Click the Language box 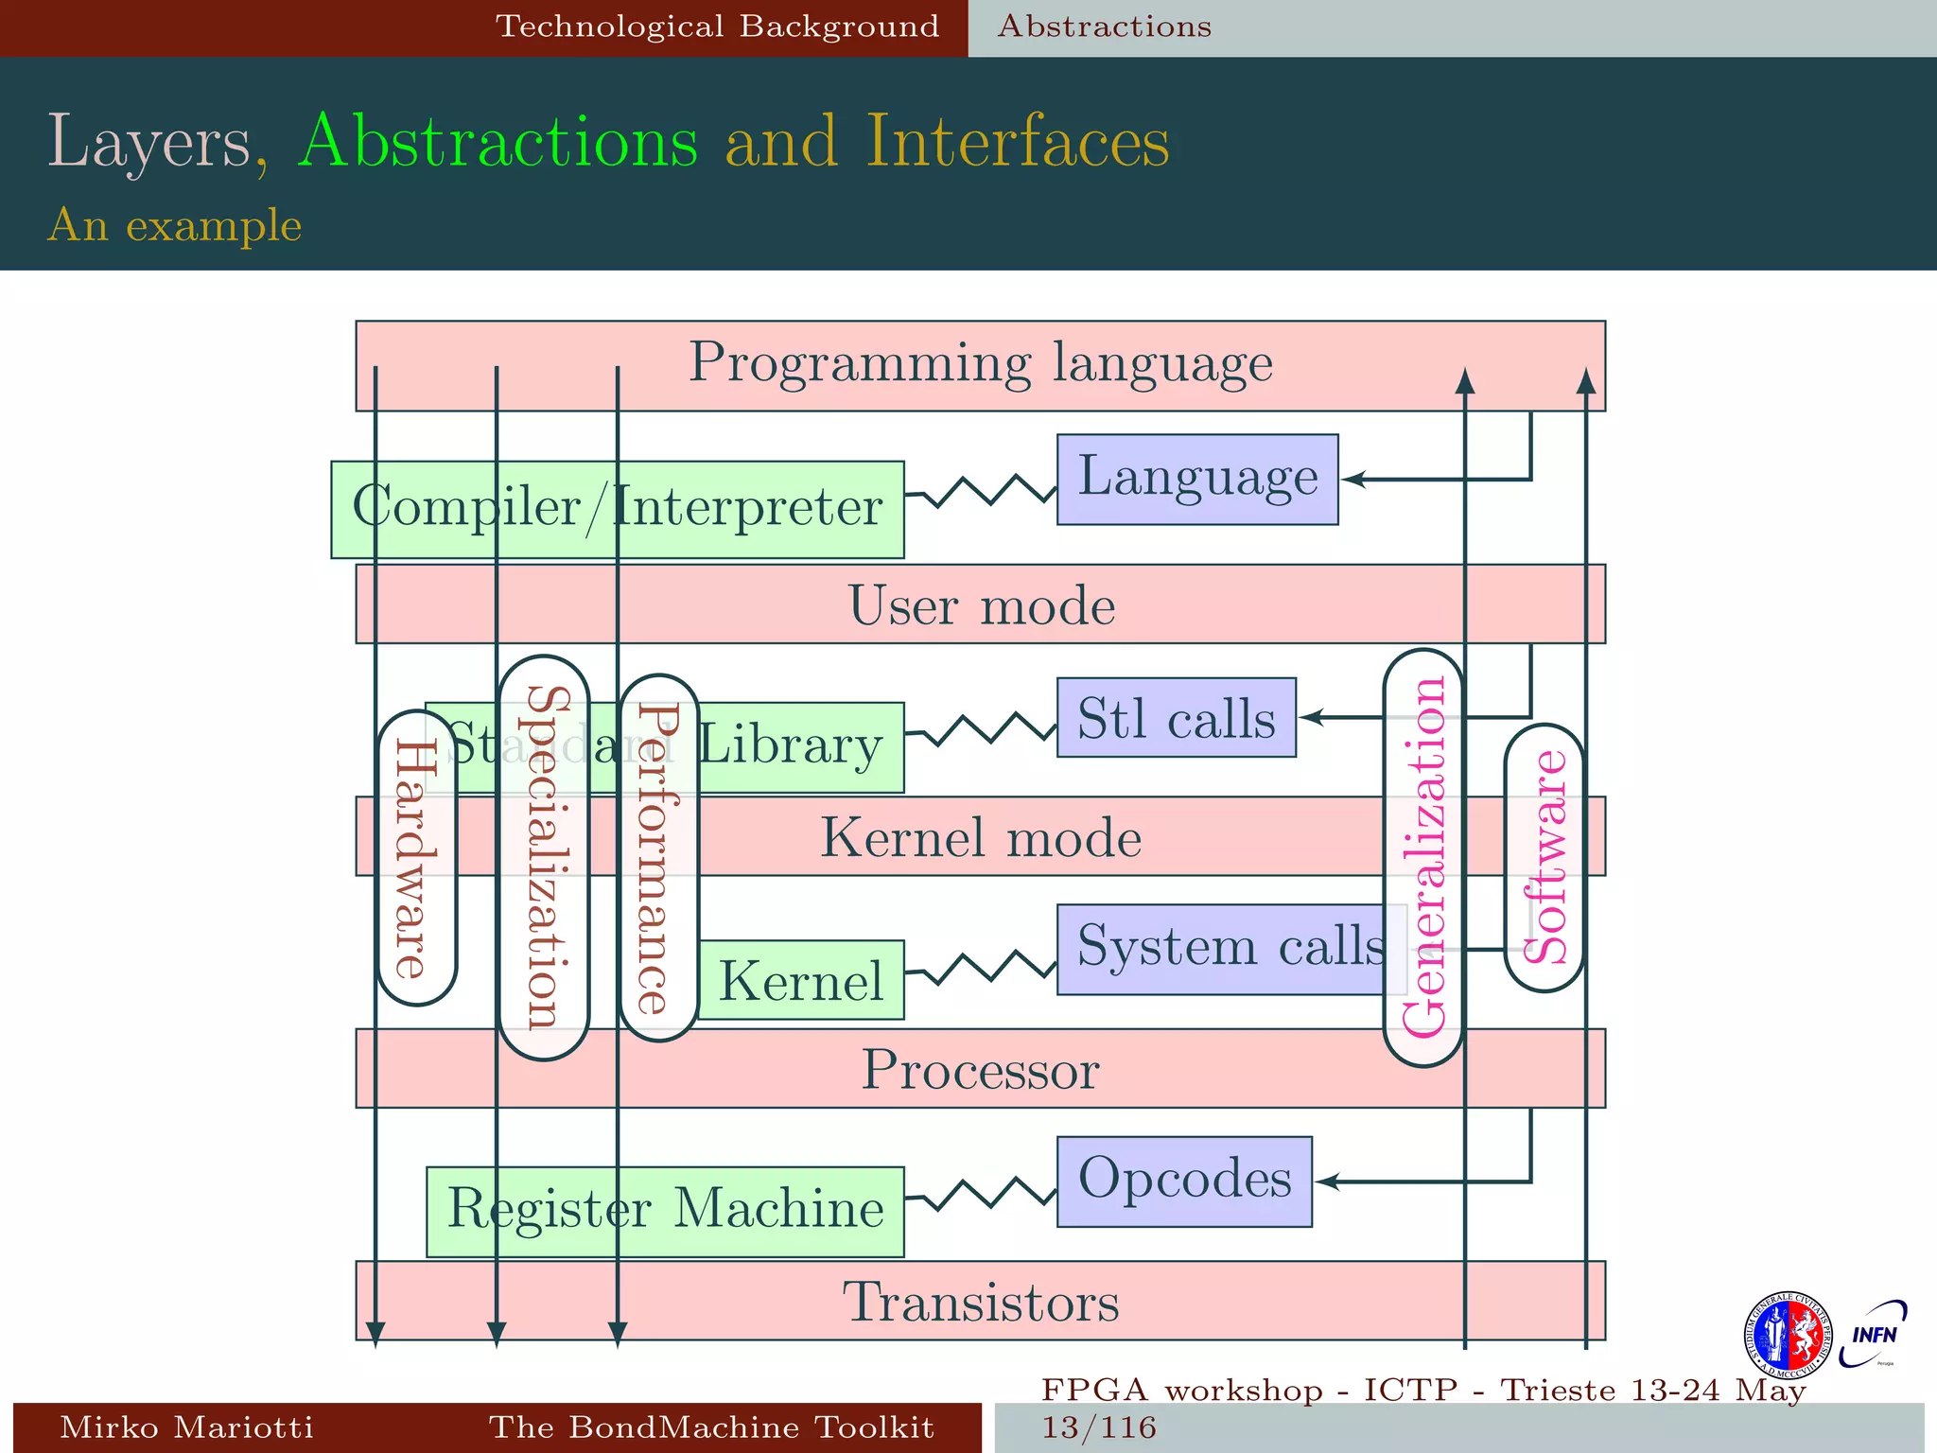click(x=1197, y=479)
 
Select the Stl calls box click(x=1176, y=718)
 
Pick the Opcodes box click(x=1184, y=1181)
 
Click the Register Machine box click(x=665, y=1211)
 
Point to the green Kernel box click(x=801, y=980)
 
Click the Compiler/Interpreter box click(x=618, y=509)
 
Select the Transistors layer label click(x=981, y=1302)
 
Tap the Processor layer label click(x=981, y=1070)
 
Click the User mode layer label click(x=981, y=605)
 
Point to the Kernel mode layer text click(x=981, y=838)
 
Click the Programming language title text click(x=981, y=364)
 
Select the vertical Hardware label click(x=416, y=858)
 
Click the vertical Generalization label click(x=1423, y=857)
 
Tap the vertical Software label click(x=1544, y=857)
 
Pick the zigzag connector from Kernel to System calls click(x=981, y=968)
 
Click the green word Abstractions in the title click(x=497, y=142)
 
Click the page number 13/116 click(x=1099, y=1427)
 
